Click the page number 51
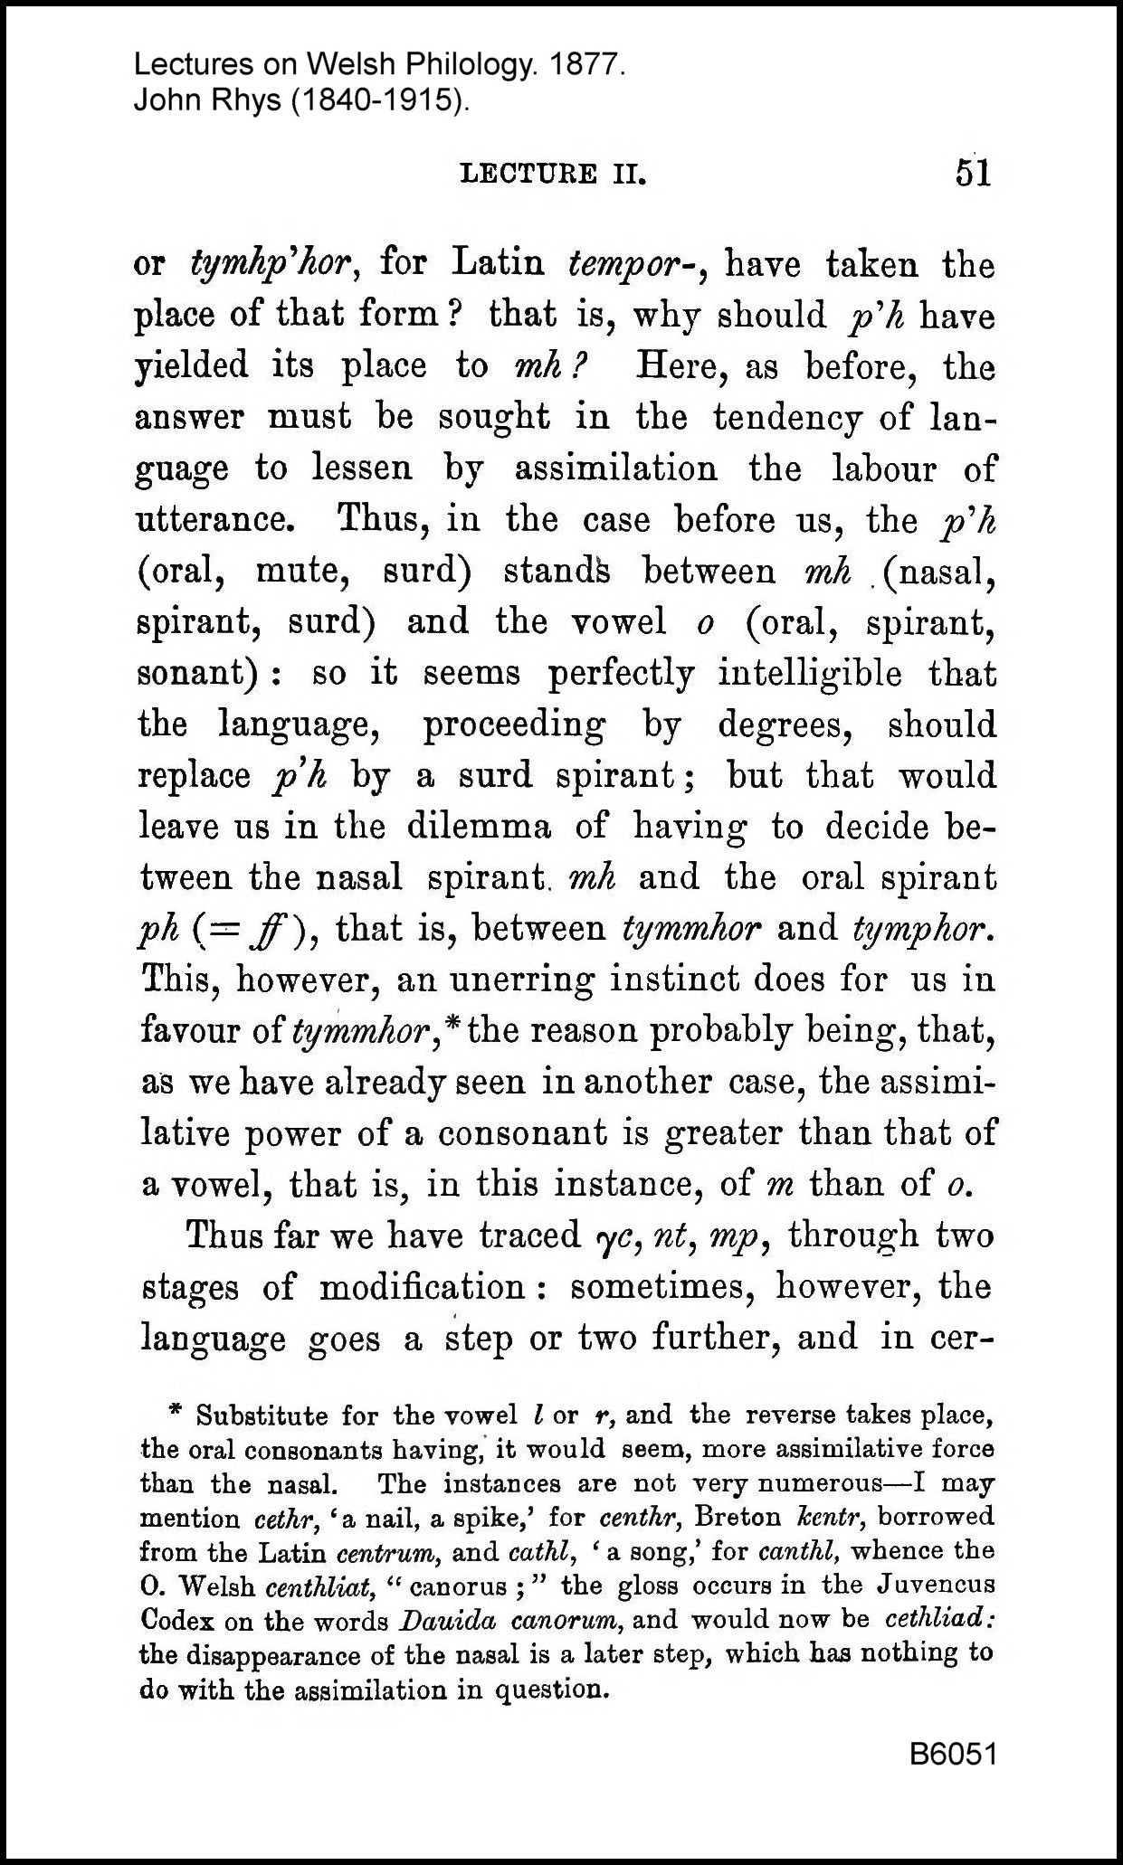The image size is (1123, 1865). pyautogui.click(x=973, y=173)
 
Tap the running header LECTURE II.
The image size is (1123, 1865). pyautogui.click(x=554, y=174)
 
